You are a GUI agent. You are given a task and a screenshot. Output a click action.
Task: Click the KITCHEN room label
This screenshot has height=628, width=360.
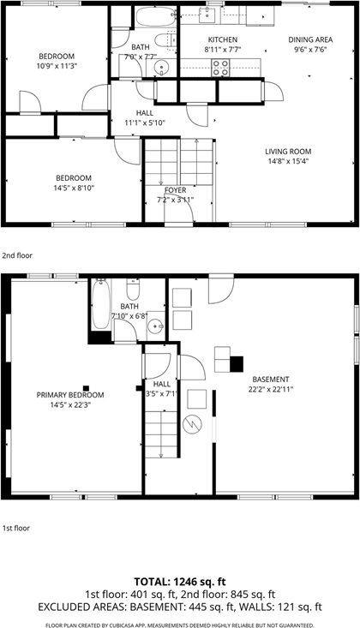(x=223, y=40)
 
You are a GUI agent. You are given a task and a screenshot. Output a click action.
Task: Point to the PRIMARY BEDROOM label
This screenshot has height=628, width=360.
(x=69, y=395)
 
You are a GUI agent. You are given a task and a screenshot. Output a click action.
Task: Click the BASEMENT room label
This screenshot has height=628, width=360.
(x=270, y=379)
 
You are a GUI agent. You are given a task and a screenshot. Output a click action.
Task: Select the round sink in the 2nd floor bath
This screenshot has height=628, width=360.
(x=166, y=69)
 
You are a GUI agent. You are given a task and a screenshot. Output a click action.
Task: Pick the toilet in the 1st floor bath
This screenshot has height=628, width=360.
(x=131, y=289)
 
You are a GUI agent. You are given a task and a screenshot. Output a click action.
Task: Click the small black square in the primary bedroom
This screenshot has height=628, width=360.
(x=85, y=386)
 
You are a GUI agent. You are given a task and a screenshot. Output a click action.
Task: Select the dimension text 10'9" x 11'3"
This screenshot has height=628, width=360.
(x=56, y=66)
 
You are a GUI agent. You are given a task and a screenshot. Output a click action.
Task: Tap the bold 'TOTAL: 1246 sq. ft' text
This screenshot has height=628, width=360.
(x=179, y=579)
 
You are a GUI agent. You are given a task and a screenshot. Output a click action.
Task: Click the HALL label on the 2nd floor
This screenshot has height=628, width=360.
(x=145, y=113)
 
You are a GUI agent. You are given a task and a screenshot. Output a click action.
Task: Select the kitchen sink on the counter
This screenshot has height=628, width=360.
(x=206, y=16)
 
